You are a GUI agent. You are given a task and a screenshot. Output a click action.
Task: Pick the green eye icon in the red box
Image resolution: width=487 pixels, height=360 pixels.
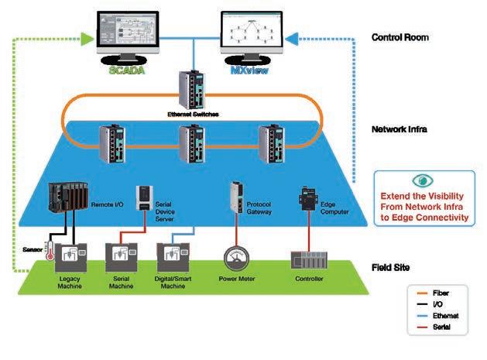coord(423,181)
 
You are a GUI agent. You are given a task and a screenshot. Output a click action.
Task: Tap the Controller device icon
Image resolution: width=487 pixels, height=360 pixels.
coord(307,259)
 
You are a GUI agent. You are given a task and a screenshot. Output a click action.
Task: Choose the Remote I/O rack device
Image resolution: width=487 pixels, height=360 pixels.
coord(66,204)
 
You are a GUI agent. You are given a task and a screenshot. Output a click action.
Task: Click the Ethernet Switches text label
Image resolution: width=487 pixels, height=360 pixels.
coord(193,114)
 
